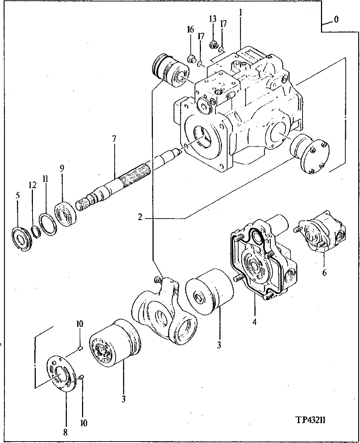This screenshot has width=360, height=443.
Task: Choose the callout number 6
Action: (x=324, y=272)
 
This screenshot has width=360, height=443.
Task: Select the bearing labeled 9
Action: (x=66, y=215)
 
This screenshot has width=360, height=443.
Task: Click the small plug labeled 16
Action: (x=191, y=58)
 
